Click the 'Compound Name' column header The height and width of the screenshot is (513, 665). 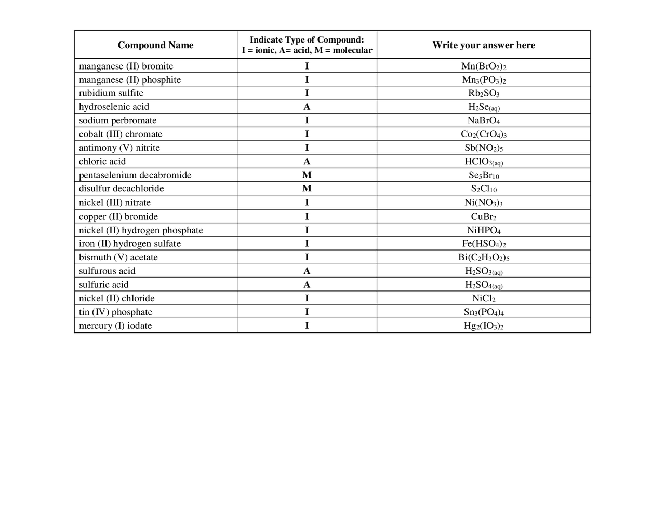[155, 45]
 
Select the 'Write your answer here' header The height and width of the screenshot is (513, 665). [483, 45]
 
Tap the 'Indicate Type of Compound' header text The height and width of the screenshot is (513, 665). [307, 40]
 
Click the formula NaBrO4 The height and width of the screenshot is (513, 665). [483, 121]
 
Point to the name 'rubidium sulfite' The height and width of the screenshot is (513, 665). [111, 93]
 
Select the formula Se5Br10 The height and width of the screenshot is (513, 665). [483, 176]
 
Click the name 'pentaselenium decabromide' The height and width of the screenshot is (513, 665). [135, 175]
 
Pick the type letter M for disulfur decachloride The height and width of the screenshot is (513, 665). [307, 189]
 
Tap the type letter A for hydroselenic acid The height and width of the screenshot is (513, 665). [307, 107]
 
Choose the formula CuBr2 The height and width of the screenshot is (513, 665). [483, 217]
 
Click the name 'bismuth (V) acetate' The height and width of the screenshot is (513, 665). [118, 257]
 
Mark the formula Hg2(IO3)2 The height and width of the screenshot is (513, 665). [483, 326]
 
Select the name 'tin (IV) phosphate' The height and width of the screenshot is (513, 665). [115, 312]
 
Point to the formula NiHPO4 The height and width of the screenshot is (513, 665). [483, 230]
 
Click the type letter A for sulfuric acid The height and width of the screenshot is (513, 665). [307, 285]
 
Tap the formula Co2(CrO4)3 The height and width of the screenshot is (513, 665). [483, 134]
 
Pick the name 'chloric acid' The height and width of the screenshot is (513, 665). [102, 162]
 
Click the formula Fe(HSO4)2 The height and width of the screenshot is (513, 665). [483, 244]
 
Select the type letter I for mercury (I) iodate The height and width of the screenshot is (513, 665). [307, 326]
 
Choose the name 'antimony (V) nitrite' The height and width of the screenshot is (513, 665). [119, 148]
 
